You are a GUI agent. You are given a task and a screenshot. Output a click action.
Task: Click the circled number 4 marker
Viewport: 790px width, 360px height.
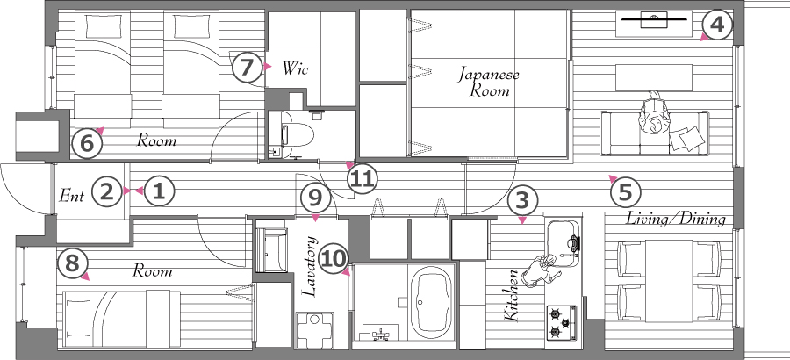coord(717,25)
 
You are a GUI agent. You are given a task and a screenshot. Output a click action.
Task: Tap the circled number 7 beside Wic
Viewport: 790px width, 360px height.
coord(246,67)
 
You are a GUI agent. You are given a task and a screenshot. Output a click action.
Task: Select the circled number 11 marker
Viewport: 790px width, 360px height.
coord(363,179)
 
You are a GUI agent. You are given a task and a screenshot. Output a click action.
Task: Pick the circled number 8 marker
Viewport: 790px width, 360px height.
coord(73,264)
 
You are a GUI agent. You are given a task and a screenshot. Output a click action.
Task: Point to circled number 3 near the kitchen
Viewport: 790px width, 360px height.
coord(522,201)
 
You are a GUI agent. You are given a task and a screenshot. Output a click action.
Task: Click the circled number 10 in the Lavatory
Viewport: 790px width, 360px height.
coord(334,259)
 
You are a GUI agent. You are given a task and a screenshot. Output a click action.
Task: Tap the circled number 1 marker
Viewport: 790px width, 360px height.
coord(159,191)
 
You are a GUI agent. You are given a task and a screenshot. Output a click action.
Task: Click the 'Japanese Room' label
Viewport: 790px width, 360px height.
coord(489,83)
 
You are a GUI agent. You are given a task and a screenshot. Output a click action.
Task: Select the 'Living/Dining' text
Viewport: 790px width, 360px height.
coord(676,219)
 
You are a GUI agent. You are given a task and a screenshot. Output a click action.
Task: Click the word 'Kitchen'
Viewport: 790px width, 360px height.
coord(511,295)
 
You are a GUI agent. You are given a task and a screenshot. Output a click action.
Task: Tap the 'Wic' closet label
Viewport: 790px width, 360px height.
coord(295,68)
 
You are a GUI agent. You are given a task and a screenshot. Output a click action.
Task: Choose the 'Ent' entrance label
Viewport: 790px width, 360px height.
coord(72,195)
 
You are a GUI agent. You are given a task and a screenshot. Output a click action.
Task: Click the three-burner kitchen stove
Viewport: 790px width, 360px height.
coord(562,323)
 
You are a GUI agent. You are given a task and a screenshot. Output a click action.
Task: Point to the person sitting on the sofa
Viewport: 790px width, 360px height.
coord(655,115)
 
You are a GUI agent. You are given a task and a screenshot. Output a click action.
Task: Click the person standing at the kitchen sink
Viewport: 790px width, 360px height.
coord(541,271)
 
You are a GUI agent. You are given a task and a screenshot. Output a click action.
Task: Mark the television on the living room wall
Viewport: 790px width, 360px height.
coord(654,19)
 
